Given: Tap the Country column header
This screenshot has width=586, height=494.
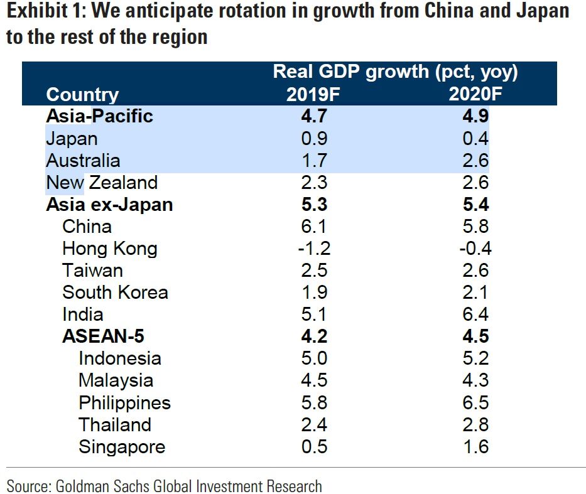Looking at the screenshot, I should (x=82, y=95).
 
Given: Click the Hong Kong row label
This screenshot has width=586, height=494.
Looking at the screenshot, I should (x=110, y=249).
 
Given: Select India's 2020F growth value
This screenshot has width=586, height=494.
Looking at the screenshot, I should (x=475, y=314).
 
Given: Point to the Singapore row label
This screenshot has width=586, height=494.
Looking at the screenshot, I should (x=122, y=447).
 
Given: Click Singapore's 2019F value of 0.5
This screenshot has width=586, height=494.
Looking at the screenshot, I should (x=314, y=447).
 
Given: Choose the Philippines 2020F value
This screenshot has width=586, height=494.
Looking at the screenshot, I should (x=475, y=402).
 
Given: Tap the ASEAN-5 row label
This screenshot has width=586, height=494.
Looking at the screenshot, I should (x=103, y=336).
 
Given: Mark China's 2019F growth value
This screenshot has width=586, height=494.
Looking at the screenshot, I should (x=314, y=227).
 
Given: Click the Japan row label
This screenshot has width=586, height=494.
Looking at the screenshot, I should (x=72, y=139).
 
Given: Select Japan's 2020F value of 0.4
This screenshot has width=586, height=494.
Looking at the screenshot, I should (x=475, y=139).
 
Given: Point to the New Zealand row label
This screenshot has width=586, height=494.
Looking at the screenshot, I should (x=102, y=183).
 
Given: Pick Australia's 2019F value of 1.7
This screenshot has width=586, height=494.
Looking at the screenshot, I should (x=314, y=161).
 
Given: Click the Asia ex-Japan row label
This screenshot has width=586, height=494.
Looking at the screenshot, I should (x=109, y=205).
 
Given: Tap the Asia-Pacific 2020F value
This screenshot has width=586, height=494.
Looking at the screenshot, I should (x=475, y=117).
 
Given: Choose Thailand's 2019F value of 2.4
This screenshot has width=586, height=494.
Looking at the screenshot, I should (x=314, y=425).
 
